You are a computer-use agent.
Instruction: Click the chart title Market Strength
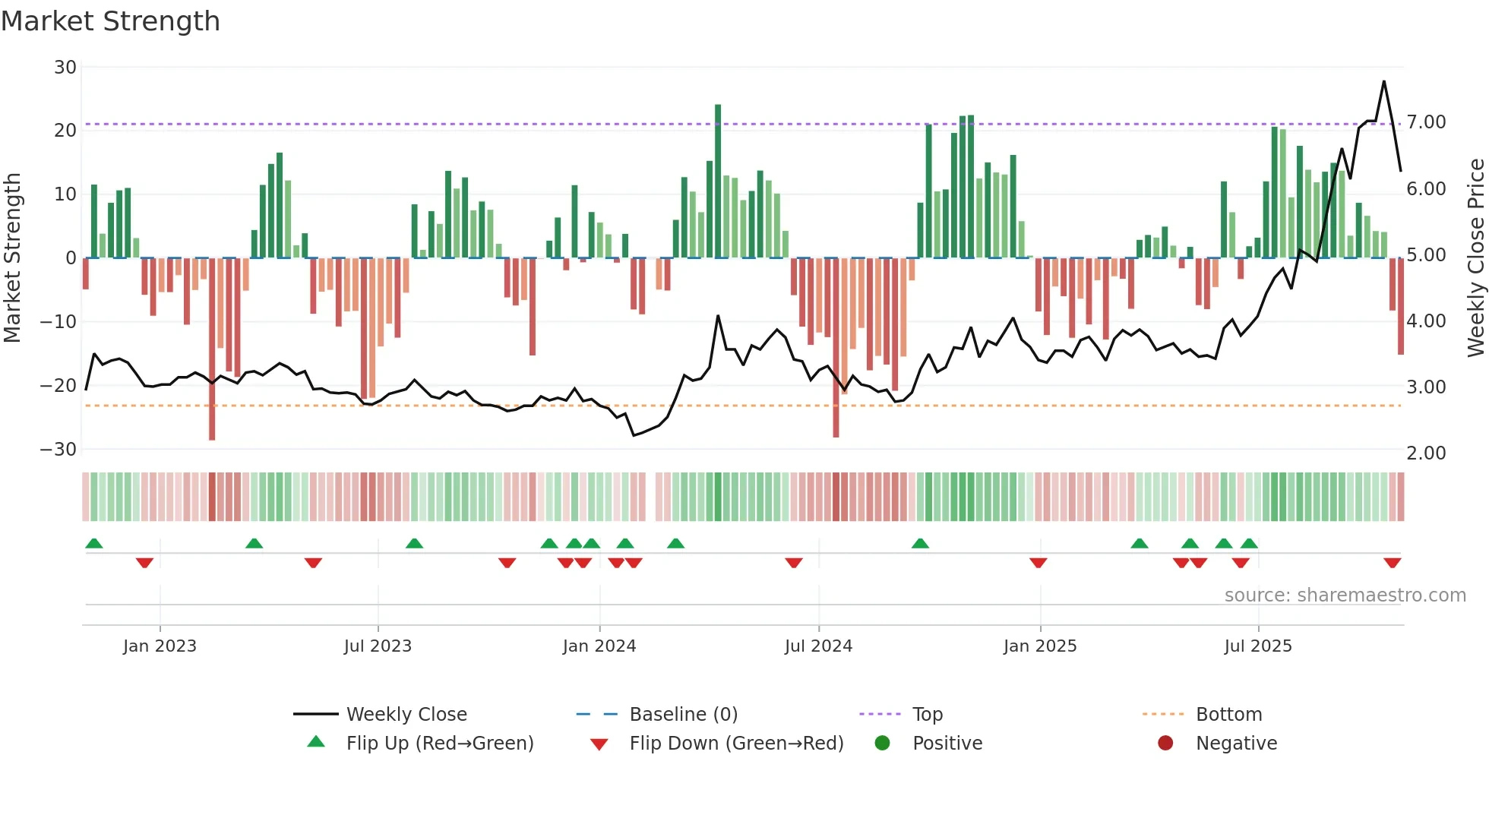pyautogui.click(x=110, y=21)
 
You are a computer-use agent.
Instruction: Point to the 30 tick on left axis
pyautogui.click(x=65, y=68)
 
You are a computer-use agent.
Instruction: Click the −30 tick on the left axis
pyautogui.click(x=58, y=450)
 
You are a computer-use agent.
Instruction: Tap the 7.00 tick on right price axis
pyautogui.click(x=1426, y=122)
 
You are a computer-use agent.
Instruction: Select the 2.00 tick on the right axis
pyautogui.click(x=1426, y=453)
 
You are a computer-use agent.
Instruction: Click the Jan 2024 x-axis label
pyautogui.click(x=599, y=646)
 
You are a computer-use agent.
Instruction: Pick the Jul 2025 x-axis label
pyautogui.click(x=1258, y=646)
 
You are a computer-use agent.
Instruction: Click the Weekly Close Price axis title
pyautogui.click(x=1475, y=257)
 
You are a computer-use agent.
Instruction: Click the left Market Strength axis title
pyautogui.click(x=13, y=257)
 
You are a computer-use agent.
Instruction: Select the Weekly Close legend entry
pyautogui.click(x=406, y=715)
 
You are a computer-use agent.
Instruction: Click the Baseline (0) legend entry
pyautogui.click(x=683, y=715)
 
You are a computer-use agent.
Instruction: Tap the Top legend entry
pyautogui.click(x=927, y=715)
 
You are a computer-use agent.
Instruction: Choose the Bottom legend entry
pyautogui.click(x=1228, y=715)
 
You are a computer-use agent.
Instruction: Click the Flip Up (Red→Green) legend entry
pyautogui.click(x=439, y=744)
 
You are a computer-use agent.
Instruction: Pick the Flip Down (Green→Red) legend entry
pyautogui.click(x=735, y=744)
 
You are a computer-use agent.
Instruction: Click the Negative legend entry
pyautogui.click(x=1235, y=744)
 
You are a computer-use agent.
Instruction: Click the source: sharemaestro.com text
pyautogui.click(x=1345, y=595)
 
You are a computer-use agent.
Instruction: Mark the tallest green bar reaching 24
pyautogui.click(x=718, y=106)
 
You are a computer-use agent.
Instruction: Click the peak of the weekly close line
pyautogui.click(x=1384, y=82)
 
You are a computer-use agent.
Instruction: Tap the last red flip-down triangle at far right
pyautogui.click(x=1393, y=563)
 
